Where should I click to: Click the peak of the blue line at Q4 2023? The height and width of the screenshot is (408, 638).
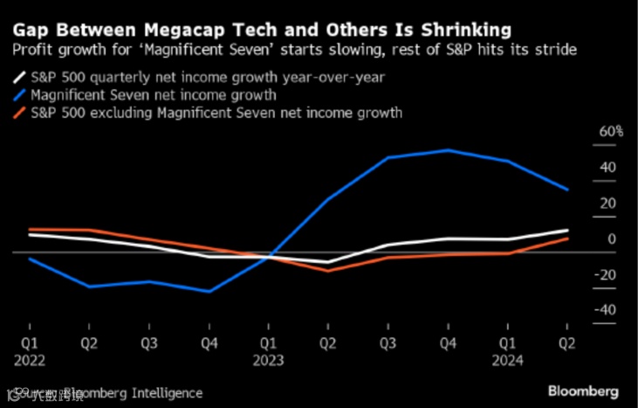[448, 150]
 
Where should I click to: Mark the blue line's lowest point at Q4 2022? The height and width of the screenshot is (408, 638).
[208, 292]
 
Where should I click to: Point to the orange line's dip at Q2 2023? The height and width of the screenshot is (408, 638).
[327, 271]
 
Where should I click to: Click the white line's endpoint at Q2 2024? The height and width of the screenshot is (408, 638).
[567, 231]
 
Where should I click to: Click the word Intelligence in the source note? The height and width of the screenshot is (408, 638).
[166, 393]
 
